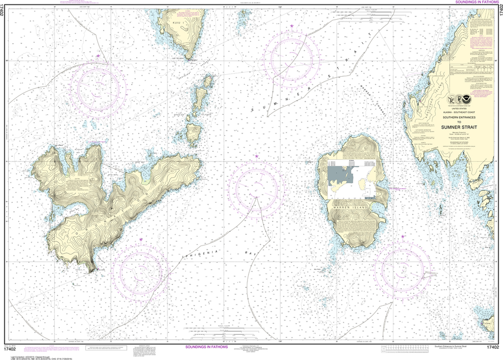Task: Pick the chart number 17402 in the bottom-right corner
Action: (x=493, y=347)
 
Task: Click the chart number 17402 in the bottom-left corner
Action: (x=9, y=347)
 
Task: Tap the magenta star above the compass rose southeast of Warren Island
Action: (x=403, y=237)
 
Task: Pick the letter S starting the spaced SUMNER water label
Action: (x=253, y=111)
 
